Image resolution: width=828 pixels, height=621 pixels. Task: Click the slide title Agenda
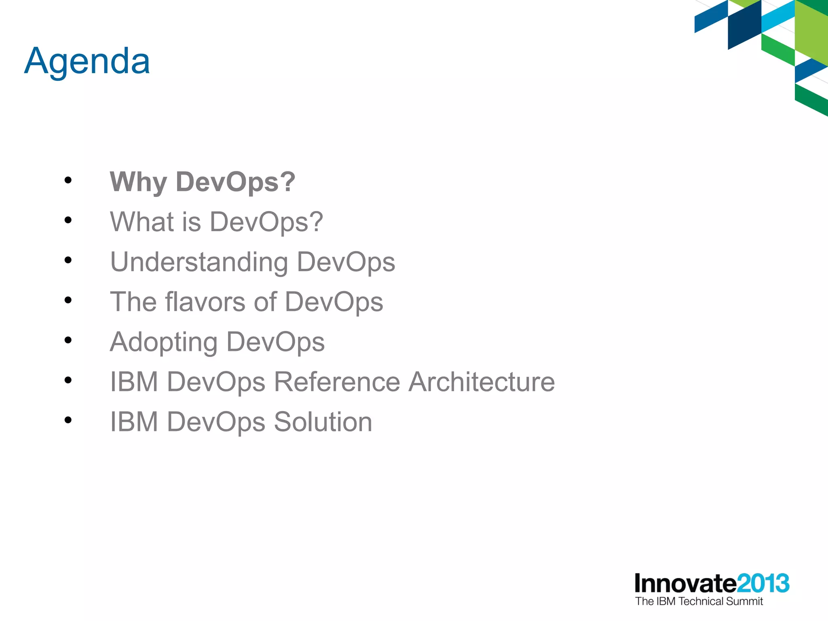pos(87,61)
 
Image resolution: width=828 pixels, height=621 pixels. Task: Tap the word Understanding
pos(199,262)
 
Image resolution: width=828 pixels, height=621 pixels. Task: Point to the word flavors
pos(205,302)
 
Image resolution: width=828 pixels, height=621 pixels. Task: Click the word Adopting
pos(163,342)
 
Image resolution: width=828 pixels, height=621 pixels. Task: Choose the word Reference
pos(337,382)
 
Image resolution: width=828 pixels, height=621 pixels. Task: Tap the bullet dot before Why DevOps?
pos(68,180)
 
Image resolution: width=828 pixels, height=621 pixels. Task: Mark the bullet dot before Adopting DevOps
pos(68,340)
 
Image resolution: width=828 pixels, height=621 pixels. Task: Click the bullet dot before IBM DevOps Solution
pos(68,420)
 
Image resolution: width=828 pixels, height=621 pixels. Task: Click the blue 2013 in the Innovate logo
pos(763,583)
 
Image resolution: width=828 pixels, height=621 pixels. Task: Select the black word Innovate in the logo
pos(685,583)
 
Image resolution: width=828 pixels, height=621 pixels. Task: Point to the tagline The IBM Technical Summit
pos(699,601)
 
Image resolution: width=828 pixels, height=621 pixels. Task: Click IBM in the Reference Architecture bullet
pos(134,382)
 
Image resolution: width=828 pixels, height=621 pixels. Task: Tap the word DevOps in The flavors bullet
pos(334,302)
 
